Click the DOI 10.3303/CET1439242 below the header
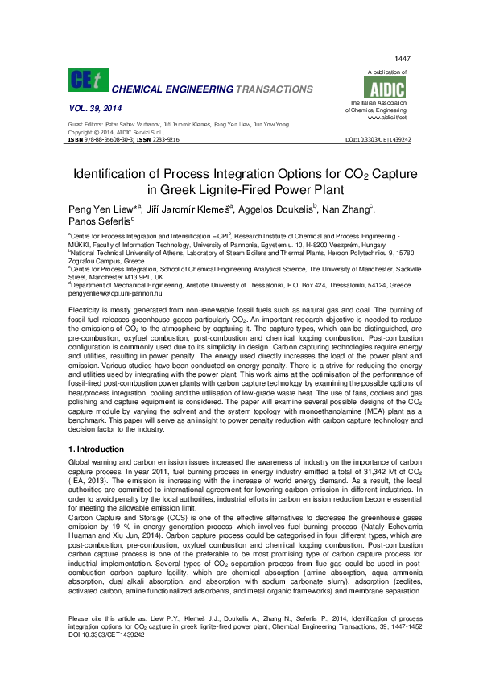pyautogui.click(x=378, y=139)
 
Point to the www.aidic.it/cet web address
pyautogui.click(x=389, y=118)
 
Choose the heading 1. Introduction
pyautogui.click(x=95, y=449)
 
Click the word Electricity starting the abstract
pyautogui.click(x=88, y=309)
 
